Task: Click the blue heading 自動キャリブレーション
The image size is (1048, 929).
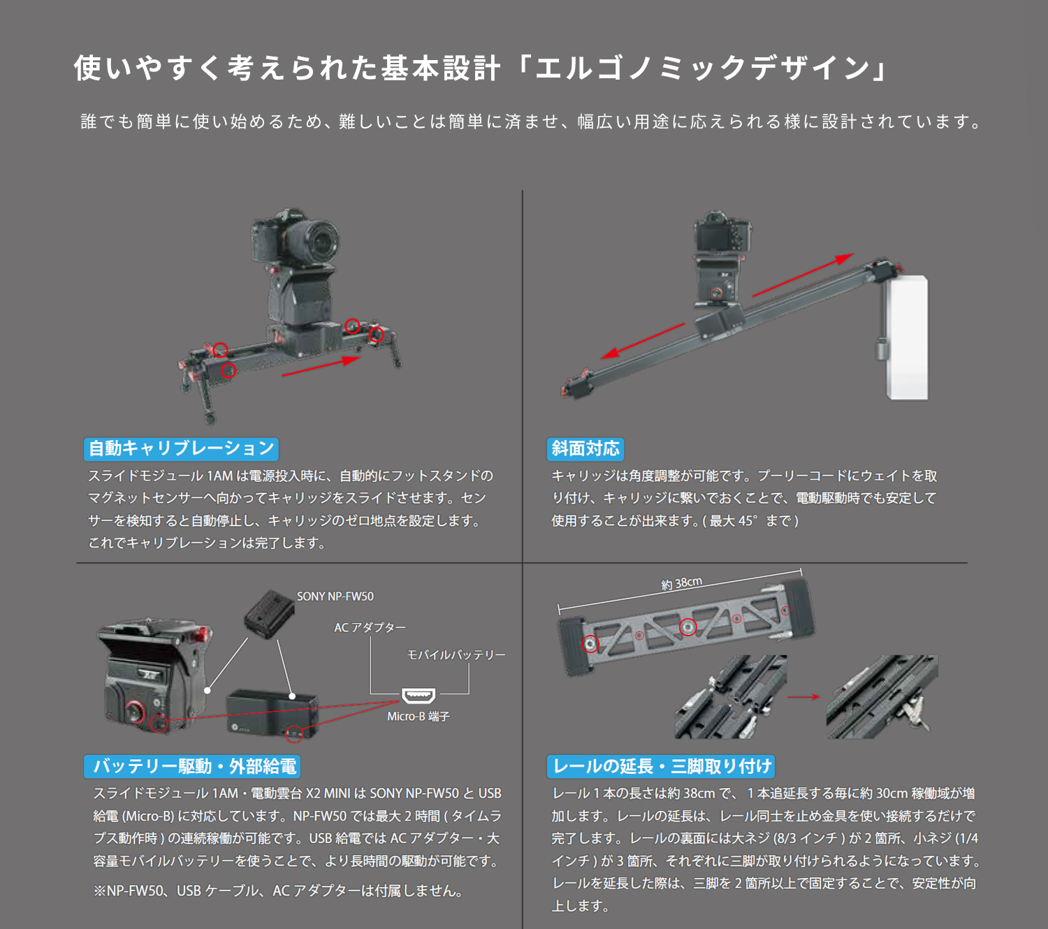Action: point(181,448)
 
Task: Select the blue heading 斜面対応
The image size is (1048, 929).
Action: point(585,448)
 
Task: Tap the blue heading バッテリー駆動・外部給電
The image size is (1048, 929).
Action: point(192,766)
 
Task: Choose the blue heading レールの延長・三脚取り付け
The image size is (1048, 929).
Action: point(660,766)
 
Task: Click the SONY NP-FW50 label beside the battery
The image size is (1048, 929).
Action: point(335,597)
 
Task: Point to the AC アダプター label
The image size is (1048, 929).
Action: point(370,627)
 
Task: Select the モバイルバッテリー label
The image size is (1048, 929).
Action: point(456,655)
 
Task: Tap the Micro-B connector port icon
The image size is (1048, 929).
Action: point(419,696)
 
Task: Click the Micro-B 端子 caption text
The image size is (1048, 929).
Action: point(419,717)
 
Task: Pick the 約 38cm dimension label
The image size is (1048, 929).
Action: point(682,583)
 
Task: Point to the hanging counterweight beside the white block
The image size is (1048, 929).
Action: point(880,349)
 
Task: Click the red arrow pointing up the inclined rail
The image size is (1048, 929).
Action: point(803,275)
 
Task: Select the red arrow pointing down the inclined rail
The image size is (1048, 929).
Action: point(643,342)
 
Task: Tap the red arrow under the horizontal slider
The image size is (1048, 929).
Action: point(321,366)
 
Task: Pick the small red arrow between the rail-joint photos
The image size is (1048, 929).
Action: point(803,697)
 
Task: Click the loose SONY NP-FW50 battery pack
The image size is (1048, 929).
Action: point(269,614)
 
